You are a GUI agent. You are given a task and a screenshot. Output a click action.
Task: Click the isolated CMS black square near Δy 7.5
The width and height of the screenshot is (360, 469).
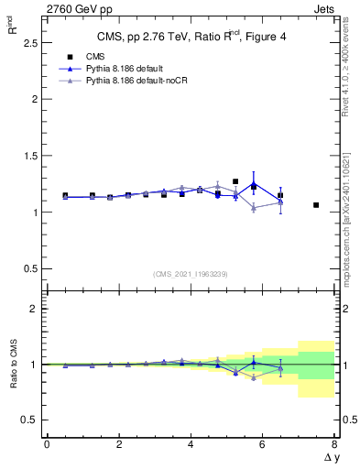pyautogui.click(x=316, y=205)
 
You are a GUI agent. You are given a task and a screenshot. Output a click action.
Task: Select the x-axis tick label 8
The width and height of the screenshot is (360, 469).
pyautogui.click(x=334, y=444)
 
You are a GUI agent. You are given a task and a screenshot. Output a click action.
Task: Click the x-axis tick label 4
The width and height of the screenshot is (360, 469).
pyautogui.click(x=191, y=444)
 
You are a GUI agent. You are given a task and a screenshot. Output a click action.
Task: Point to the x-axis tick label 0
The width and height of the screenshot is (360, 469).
pyautogui.click(x=47, y=444)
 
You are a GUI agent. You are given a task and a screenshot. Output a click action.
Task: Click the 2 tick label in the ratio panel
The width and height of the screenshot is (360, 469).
pyautogui.click(x=32, y=309)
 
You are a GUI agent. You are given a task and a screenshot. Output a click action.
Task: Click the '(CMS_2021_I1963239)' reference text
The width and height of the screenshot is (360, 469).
pyautogui.click(x=191, y=274)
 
